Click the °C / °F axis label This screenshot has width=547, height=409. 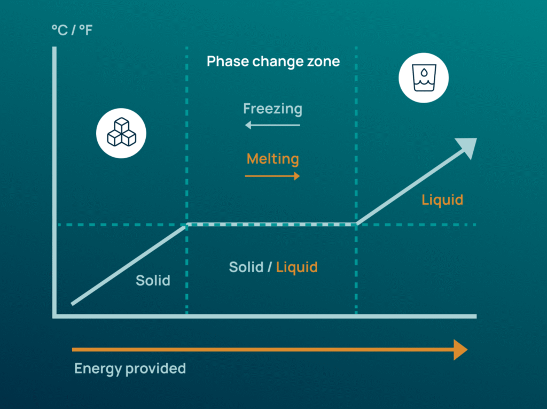point(72,29)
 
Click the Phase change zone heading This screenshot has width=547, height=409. point(273,61)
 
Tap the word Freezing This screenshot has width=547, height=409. point(272,109)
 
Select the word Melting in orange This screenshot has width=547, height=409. point(272,159)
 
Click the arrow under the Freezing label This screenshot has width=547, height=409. point(272,125)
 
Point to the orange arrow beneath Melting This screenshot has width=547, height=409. point(272,176)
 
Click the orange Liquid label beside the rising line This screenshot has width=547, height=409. point(442,200)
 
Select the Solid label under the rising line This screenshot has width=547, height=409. point(153,280)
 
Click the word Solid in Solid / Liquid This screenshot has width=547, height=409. point(246,267)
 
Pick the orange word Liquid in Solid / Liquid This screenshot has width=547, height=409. point(297,267)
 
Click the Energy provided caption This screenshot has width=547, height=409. point(130,368)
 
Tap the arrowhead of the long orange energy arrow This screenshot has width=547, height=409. point(460,350)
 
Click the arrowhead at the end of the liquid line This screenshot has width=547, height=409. point(467,148)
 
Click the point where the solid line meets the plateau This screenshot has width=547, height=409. point(186,226)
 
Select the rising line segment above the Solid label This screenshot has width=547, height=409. point(128,265)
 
